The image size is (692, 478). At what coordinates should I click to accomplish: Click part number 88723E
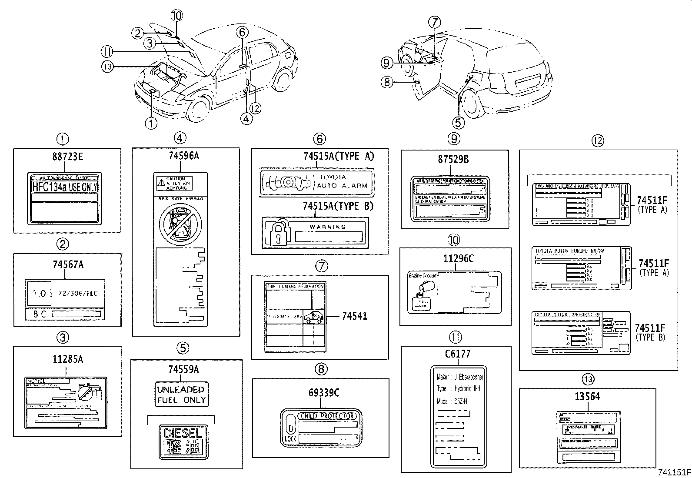tap(67, 157)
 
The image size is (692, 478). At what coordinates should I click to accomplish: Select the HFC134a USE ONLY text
tap(65, 187)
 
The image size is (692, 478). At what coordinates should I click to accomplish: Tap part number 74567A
tap(68, 264)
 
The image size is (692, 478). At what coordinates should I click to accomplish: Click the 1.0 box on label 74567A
tap(39, 294)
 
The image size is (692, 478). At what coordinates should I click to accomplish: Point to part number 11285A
tap(68, 359)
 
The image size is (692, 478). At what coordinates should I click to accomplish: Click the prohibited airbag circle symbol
tap(180, 225)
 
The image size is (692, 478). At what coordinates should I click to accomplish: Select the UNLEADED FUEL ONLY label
tap(181, 394)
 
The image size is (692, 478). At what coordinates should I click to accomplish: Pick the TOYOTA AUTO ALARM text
tap(343, 181)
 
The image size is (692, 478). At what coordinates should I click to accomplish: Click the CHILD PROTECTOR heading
tap(327, 416)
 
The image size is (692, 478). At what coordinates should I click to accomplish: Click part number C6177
tap(457, 354)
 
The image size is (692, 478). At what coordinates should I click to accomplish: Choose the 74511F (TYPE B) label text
tap(650, 332)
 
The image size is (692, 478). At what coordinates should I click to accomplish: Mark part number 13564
tap(587, 397)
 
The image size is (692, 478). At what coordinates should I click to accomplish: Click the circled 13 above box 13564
tap(588, 379)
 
